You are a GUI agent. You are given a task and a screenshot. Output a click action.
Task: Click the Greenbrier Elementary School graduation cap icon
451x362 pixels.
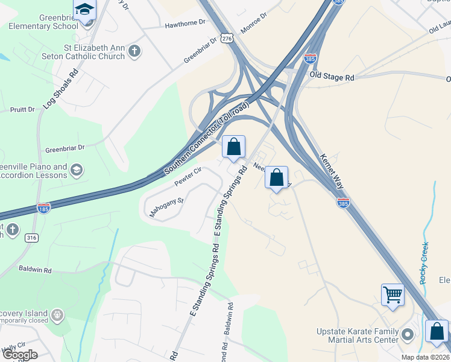point(85,10)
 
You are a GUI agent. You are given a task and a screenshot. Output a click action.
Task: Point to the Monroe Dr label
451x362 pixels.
point(254,25)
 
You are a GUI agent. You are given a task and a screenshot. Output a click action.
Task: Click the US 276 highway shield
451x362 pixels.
point(227,38)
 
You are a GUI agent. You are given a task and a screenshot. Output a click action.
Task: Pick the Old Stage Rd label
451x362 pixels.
point(332,77)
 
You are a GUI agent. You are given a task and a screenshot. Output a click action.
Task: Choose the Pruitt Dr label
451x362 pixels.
point(22,110)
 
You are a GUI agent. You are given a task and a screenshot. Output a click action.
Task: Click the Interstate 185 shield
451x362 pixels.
point(43,208)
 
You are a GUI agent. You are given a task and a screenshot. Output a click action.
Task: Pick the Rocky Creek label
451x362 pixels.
point(424,262)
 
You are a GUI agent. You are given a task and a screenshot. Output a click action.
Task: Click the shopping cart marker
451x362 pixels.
point(393,295)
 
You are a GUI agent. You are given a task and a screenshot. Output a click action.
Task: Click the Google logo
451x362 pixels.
point(20,355)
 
